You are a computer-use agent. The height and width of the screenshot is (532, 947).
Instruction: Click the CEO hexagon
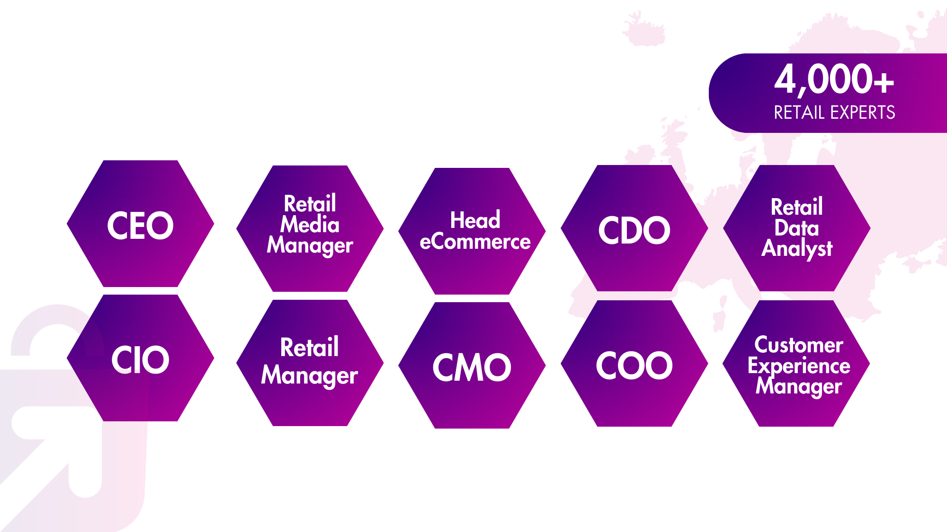[x=140, y=224]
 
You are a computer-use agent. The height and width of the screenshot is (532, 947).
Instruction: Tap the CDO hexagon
[x=634, y=229]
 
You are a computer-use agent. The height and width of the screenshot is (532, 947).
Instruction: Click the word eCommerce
[x=475, y=242]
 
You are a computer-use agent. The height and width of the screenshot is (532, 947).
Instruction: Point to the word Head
[x=475, y=220]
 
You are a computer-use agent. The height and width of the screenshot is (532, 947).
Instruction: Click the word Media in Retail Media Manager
[x=310, y=224]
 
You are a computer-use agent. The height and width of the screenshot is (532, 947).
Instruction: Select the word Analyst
[x=797, y=249]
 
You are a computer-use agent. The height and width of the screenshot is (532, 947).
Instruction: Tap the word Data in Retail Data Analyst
[x=796, y=228]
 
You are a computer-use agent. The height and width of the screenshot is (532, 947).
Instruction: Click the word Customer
[x=799, y=345]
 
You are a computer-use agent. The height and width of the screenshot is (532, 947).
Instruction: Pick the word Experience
[x=799, y=366]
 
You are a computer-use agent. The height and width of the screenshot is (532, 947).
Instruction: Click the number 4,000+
[x=834, y=79]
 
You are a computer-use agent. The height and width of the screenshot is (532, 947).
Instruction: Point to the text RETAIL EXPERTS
[x=834, y=113]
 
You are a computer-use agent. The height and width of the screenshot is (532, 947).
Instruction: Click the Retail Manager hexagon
[x=310, y=362]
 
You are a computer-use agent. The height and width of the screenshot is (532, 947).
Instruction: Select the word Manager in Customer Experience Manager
[x=799, y=386]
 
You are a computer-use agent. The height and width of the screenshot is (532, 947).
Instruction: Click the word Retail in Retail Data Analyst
[x=796, y=207]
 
